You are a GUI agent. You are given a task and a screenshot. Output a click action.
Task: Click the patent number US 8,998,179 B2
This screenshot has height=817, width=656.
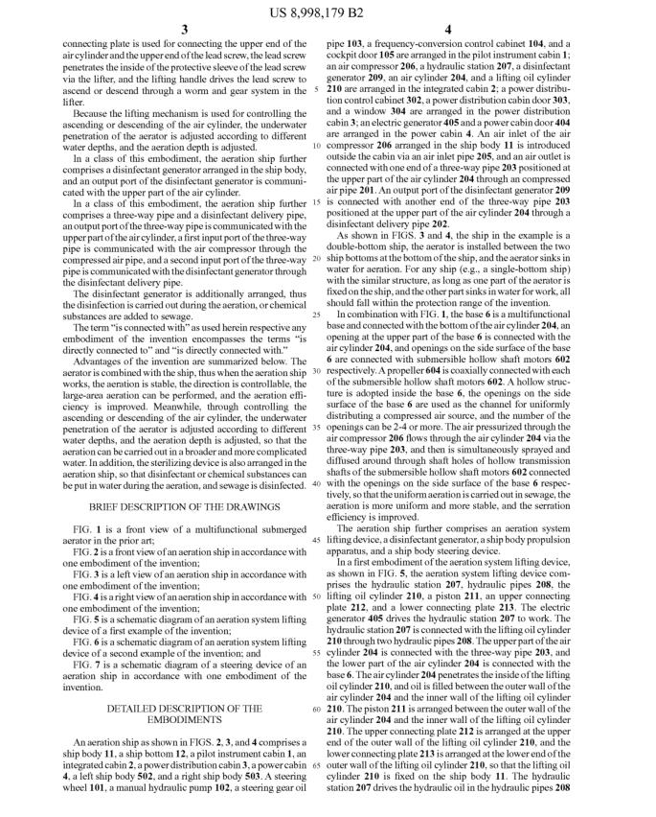tap(328, 12)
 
